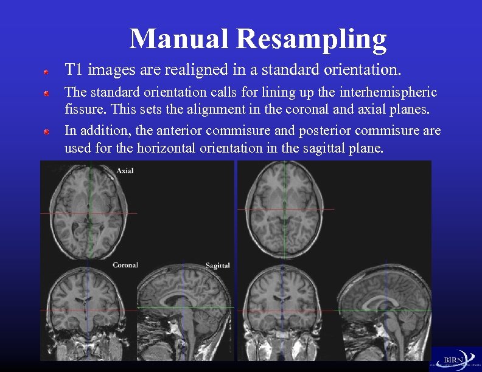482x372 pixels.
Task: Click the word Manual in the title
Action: pyautogui.click(x=180, y=39)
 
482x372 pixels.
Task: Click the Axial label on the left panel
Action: pyautogui.click(x=125, y=171)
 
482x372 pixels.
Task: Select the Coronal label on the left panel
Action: pyautogui.click(x=125, y=265)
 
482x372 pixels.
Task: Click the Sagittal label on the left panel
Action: pyautogui.click(x=217, y=266)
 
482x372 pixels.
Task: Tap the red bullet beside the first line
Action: pyautogui.click(x=46, y=72)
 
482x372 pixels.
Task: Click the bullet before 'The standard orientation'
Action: pyautogui.click(x=46, y=94)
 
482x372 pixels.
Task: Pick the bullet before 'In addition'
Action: pyautogui.click(x=46, y=131)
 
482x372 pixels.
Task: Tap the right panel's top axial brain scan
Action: pyautogui.click(x=285, y=210)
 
